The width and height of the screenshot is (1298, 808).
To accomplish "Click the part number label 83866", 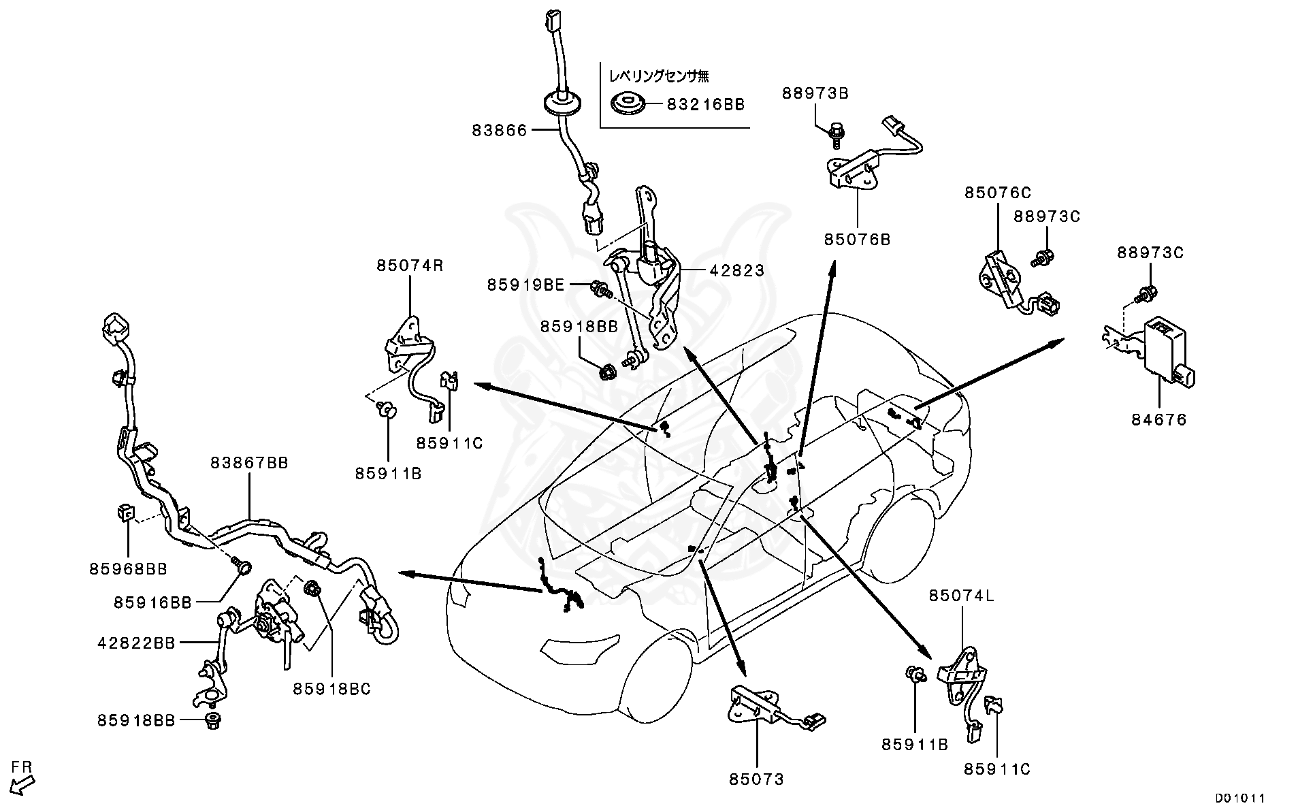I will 500,130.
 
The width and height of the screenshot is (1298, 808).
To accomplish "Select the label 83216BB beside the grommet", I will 705,105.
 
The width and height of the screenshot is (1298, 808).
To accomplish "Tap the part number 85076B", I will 857,240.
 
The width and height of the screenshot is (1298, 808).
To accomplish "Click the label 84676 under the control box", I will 1158,420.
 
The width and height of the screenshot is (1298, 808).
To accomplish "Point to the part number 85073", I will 756,779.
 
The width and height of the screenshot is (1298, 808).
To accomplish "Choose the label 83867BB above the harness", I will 249,463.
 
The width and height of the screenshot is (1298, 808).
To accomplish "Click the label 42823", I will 736,270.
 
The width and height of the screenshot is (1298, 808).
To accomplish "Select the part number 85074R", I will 410,265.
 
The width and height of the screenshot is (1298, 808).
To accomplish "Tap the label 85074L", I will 962,596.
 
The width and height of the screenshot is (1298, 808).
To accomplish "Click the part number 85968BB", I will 128,568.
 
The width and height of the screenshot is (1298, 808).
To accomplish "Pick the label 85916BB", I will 152,602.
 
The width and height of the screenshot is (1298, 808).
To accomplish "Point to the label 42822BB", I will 136,643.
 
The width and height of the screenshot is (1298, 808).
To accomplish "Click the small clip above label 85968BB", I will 124,511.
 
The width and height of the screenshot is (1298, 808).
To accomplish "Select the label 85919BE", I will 525,285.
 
